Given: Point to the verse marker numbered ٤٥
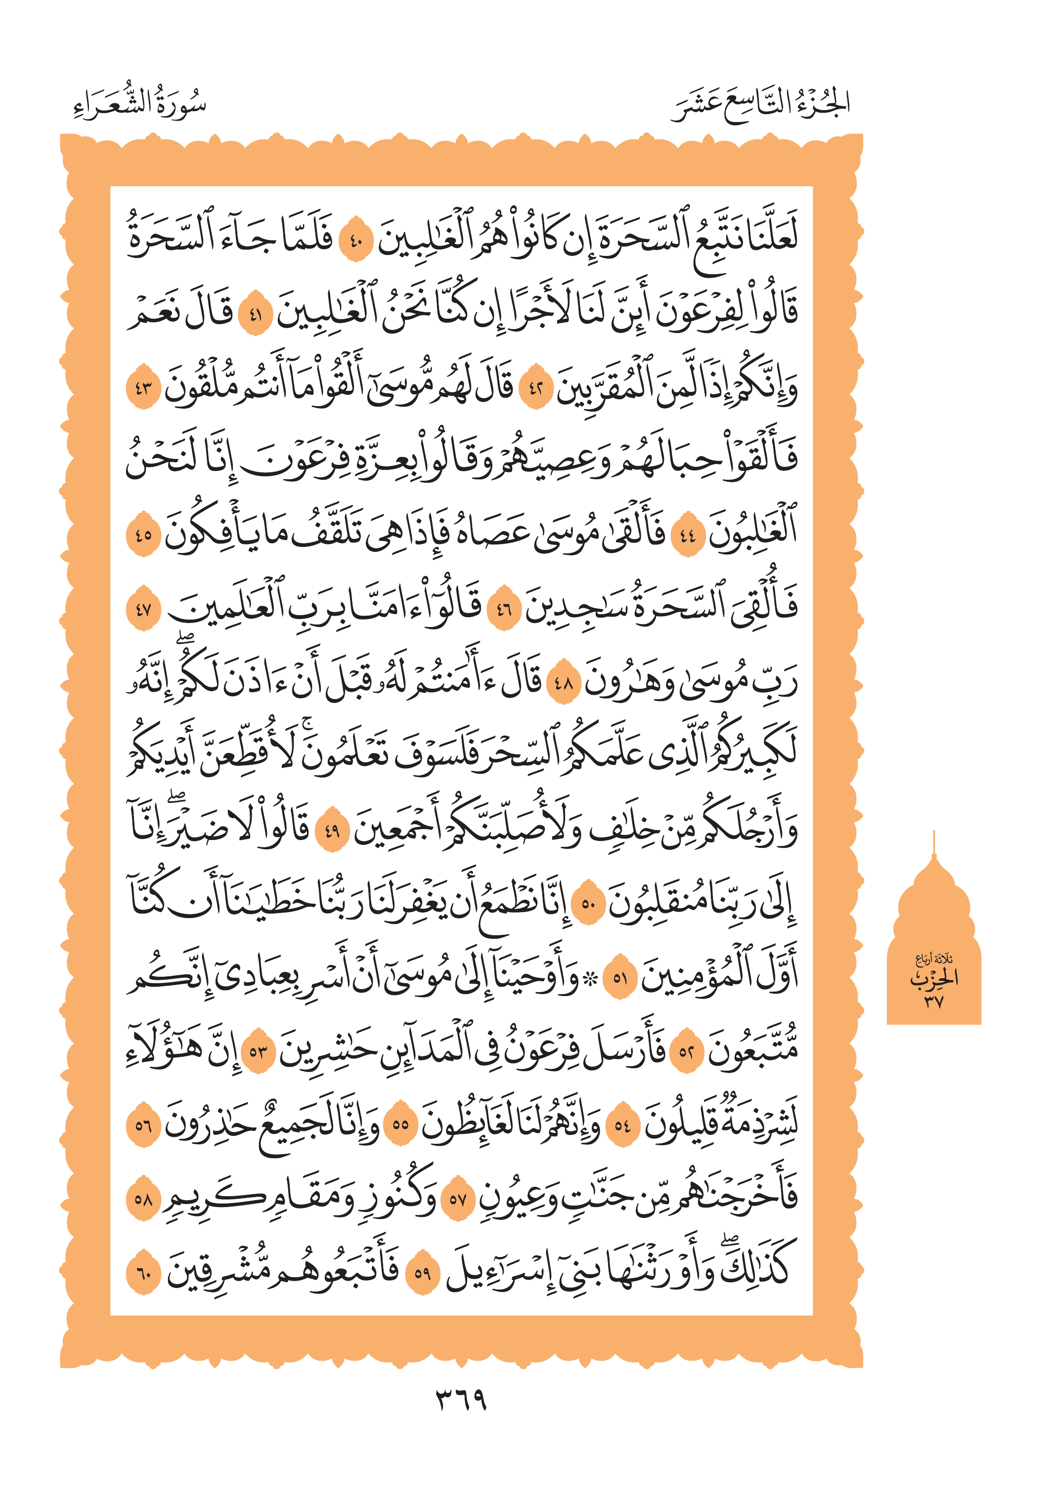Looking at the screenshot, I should point(143,535).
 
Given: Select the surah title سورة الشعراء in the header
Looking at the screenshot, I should point(140,105).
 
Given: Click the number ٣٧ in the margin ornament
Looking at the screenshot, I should point(934,1001).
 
